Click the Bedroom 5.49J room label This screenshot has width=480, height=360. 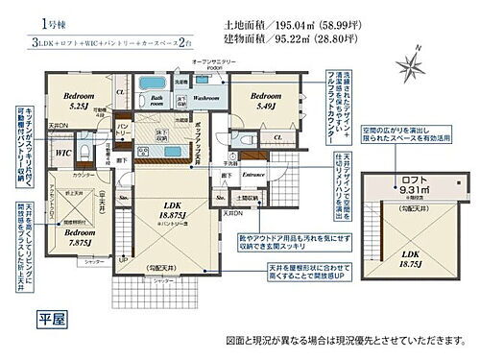coord(254,101)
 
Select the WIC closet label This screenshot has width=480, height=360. coord(59,153)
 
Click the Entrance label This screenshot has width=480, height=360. coord(253,176)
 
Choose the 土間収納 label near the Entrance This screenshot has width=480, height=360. coord(247,198)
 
